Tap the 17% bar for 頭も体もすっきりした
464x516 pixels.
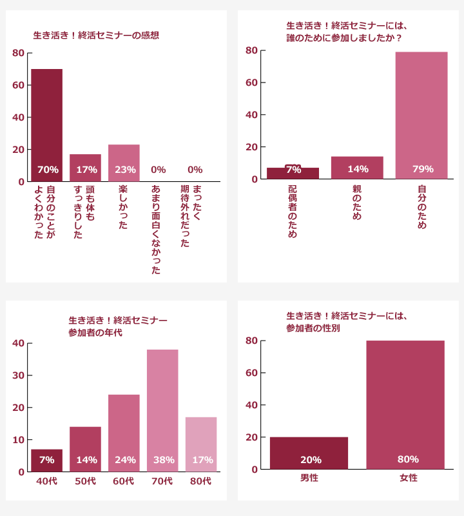(85, 166)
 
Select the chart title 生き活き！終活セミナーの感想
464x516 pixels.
(96, 35)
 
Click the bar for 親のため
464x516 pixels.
(357, 167)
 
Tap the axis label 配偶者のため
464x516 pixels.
(293, 212)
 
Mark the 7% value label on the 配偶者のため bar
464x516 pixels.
(293, 170)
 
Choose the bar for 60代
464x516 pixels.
(124, 432)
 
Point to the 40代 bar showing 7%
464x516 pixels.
(47, 460)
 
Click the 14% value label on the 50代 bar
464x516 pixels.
(86, 460)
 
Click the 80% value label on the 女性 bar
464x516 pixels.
(408, 459)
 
